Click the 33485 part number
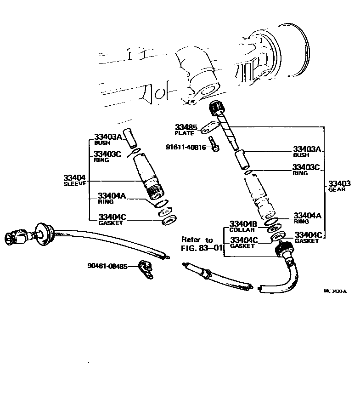[185, 126]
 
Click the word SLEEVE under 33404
[75, 183]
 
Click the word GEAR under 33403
[336, 189]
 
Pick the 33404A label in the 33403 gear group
[308, 215]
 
